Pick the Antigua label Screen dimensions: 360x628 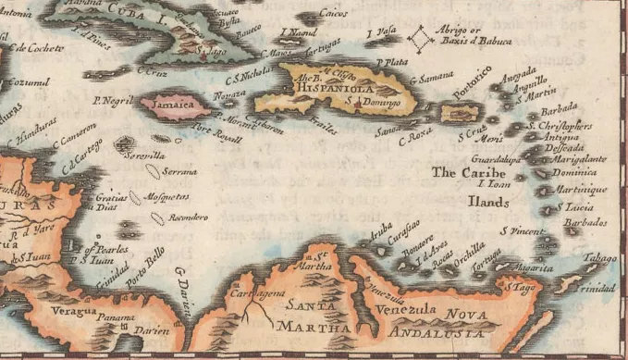(561, 137)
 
